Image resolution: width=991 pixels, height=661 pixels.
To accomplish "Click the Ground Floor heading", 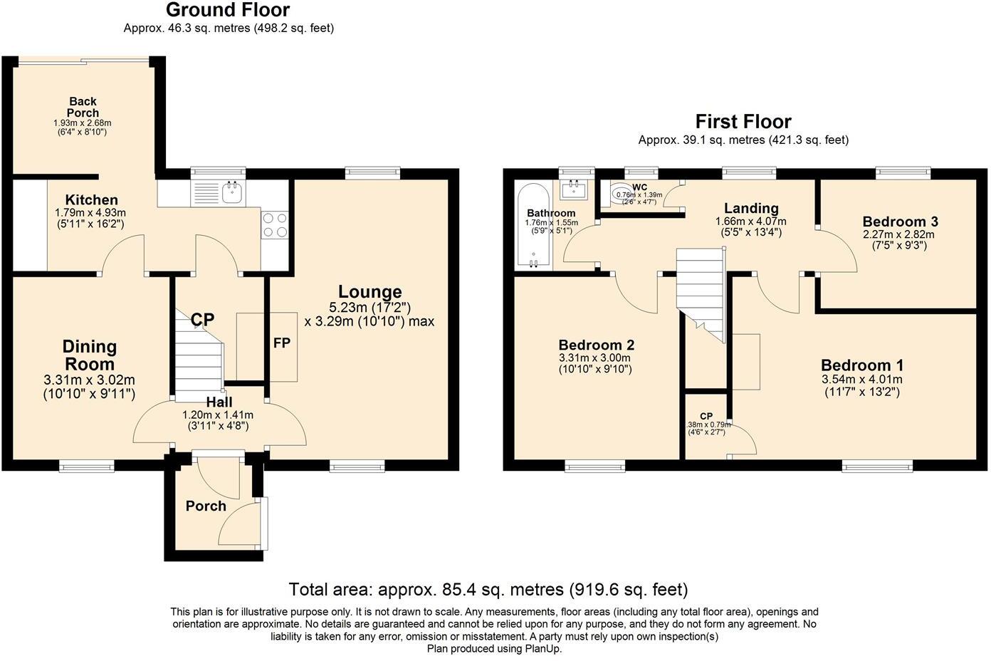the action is (x=228, y=10).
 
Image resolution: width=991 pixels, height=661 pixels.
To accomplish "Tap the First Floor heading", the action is (x=743, y=121).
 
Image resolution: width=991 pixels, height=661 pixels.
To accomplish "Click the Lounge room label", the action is (x=370, y=292).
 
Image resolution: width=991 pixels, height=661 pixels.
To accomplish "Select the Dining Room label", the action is (x=90, y=355).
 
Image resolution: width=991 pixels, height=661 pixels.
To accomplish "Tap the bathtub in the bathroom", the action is (x=533, y=226).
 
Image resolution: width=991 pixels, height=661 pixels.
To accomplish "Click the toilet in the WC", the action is (x=621, y=194).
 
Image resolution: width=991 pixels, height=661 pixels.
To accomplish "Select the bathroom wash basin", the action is (x=574, y=189).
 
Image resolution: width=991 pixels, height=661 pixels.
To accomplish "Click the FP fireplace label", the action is (x=282, y=343).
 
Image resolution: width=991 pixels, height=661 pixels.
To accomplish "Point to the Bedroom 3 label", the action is (x=901, y=221).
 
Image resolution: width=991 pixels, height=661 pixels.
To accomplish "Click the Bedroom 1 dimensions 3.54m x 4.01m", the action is (x=862, y=380).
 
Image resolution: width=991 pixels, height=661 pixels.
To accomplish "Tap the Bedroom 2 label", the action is (x=597, y=345).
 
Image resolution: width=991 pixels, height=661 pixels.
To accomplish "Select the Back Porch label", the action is (x=83, y=107).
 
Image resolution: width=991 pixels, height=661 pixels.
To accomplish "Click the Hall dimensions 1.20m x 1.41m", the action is (x=218, y=415).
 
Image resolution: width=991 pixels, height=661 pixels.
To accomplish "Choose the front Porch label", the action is (x=206, y=506).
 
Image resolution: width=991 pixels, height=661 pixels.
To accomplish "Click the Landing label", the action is (x=751, y=208).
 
